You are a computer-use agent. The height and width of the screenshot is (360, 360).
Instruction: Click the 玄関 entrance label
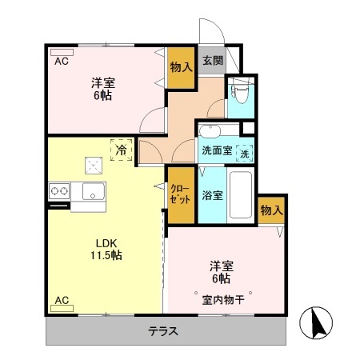coord(212,60)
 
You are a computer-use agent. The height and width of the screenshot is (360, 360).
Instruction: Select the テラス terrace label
coord(162,330)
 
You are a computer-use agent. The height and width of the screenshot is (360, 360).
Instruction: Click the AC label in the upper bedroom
coord(61,60)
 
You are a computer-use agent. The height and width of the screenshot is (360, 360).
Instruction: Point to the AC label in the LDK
coord(61,301)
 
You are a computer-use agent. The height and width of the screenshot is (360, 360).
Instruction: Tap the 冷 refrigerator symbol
coord(122,150)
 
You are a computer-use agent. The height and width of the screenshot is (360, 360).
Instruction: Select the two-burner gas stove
coord(60,191)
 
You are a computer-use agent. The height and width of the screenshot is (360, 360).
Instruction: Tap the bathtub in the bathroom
coord(240,194)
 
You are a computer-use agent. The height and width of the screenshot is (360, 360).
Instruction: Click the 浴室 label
coord(211,194)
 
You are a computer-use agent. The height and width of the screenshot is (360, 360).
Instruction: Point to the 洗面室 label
coord(216,149)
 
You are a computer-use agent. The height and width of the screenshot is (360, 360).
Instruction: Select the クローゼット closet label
coord(180,194)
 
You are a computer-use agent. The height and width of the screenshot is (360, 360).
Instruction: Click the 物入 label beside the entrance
coord(181,67)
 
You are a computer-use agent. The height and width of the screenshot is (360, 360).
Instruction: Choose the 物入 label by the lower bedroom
coord(271,210)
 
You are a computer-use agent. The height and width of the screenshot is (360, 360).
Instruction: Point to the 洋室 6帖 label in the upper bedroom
coord(100,88)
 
